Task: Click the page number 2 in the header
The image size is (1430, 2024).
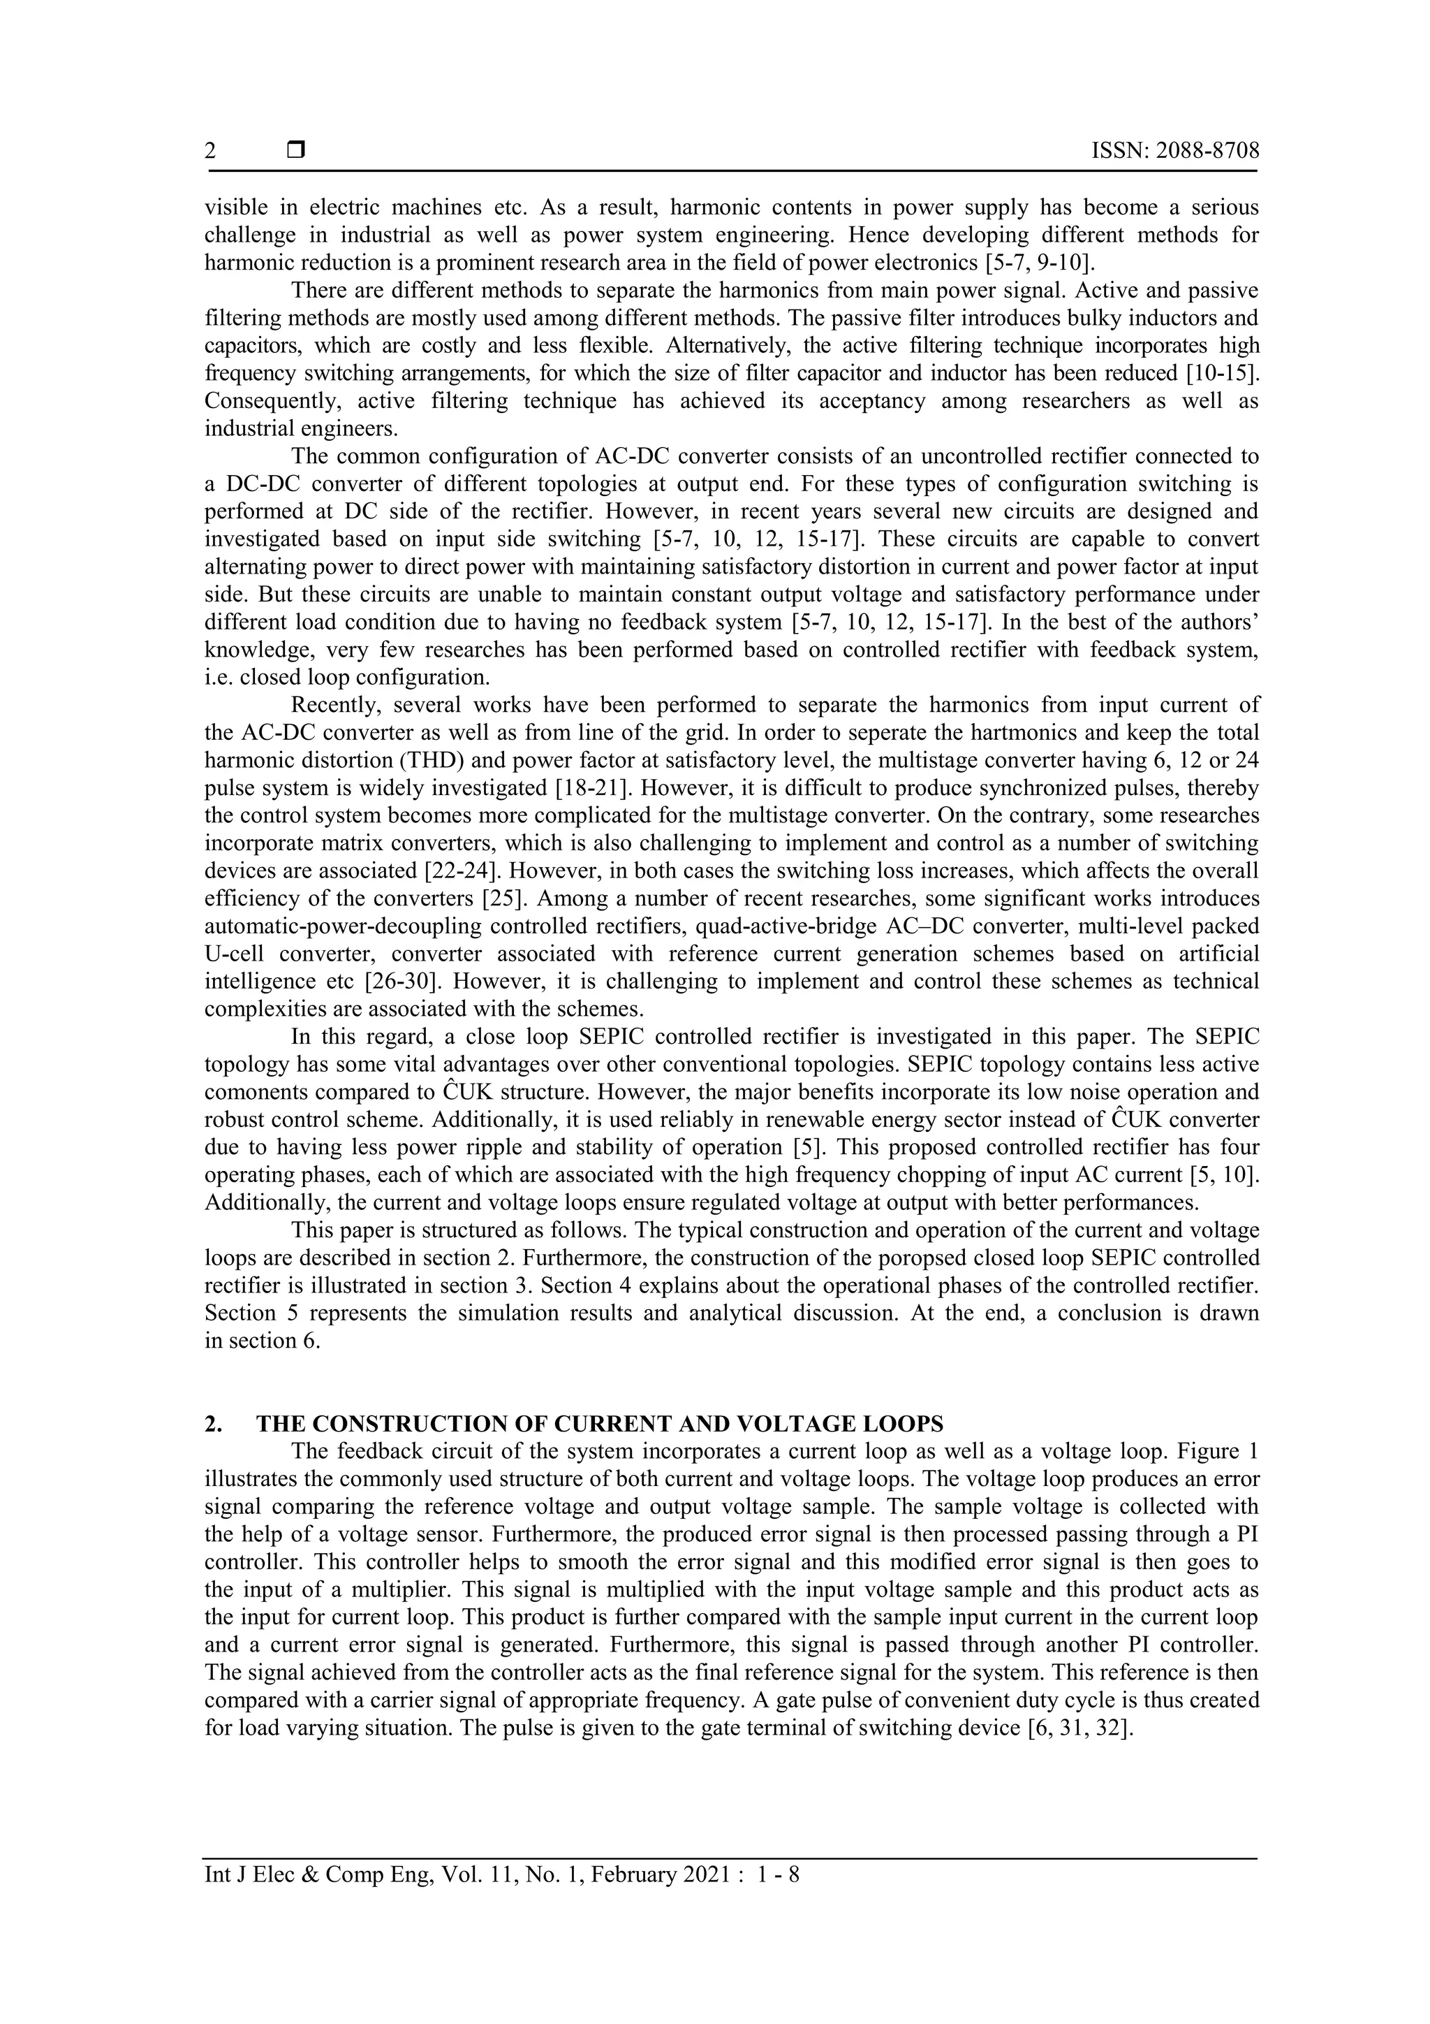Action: (x=209, y=151)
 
